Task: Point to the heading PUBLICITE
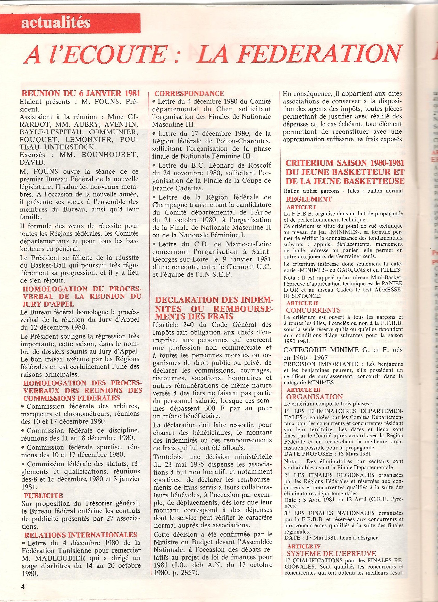(44, 495)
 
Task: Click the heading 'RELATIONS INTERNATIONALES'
(81, 527)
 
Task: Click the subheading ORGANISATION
(314, 397)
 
